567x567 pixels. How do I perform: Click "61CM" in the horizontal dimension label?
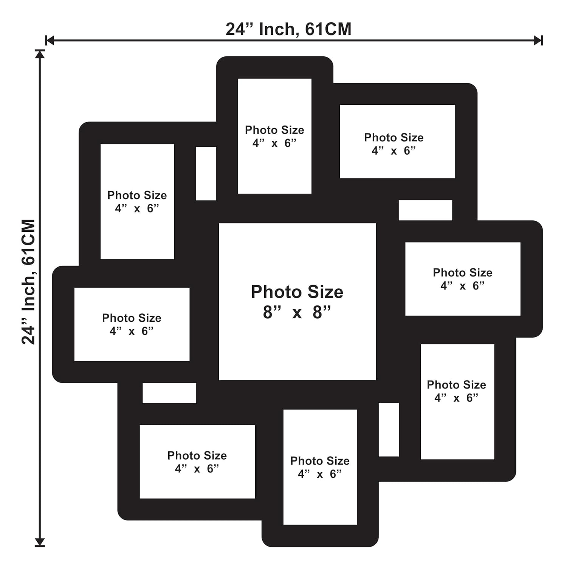tap(328, 29)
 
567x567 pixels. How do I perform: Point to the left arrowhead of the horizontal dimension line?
tap(50, 40)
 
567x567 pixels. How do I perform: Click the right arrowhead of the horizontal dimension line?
tap(538, 40)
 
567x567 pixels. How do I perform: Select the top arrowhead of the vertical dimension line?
tap(40, 54)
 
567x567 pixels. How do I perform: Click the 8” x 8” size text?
tap(297, 312)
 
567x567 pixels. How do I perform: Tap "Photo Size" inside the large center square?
tap(297, 292)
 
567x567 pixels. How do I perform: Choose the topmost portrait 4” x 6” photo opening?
tap(275, 136)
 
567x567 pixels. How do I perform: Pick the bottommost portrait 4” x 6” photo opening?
tap(320, 467)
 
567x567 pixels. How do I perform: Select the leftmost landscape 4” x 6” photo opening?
tap(132, 324)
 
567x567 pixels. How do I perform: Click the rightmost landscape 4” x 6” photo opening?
tap(463, 279)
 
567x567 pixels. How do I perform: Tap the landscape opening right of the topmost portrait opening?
tap(398, 141)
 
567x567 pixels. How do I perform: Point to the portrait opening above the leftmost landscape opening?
tap(137, 201)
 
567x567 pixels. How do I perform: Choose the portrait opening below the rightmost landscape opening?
tap(458, 402)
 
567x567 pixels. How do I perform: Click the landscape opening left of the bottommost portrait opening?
tap(197, 462)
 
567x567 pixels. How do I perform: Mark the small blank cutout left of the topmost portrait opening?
tap(206, 174)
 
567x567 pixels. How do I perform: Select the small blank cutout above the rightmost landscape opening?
tap(426, 210)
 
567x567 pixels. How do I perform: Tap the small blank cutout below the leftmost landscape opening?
tap(169, 393)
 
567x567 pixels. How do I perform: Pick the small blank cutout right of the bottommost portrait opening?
tap(389, 430)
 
